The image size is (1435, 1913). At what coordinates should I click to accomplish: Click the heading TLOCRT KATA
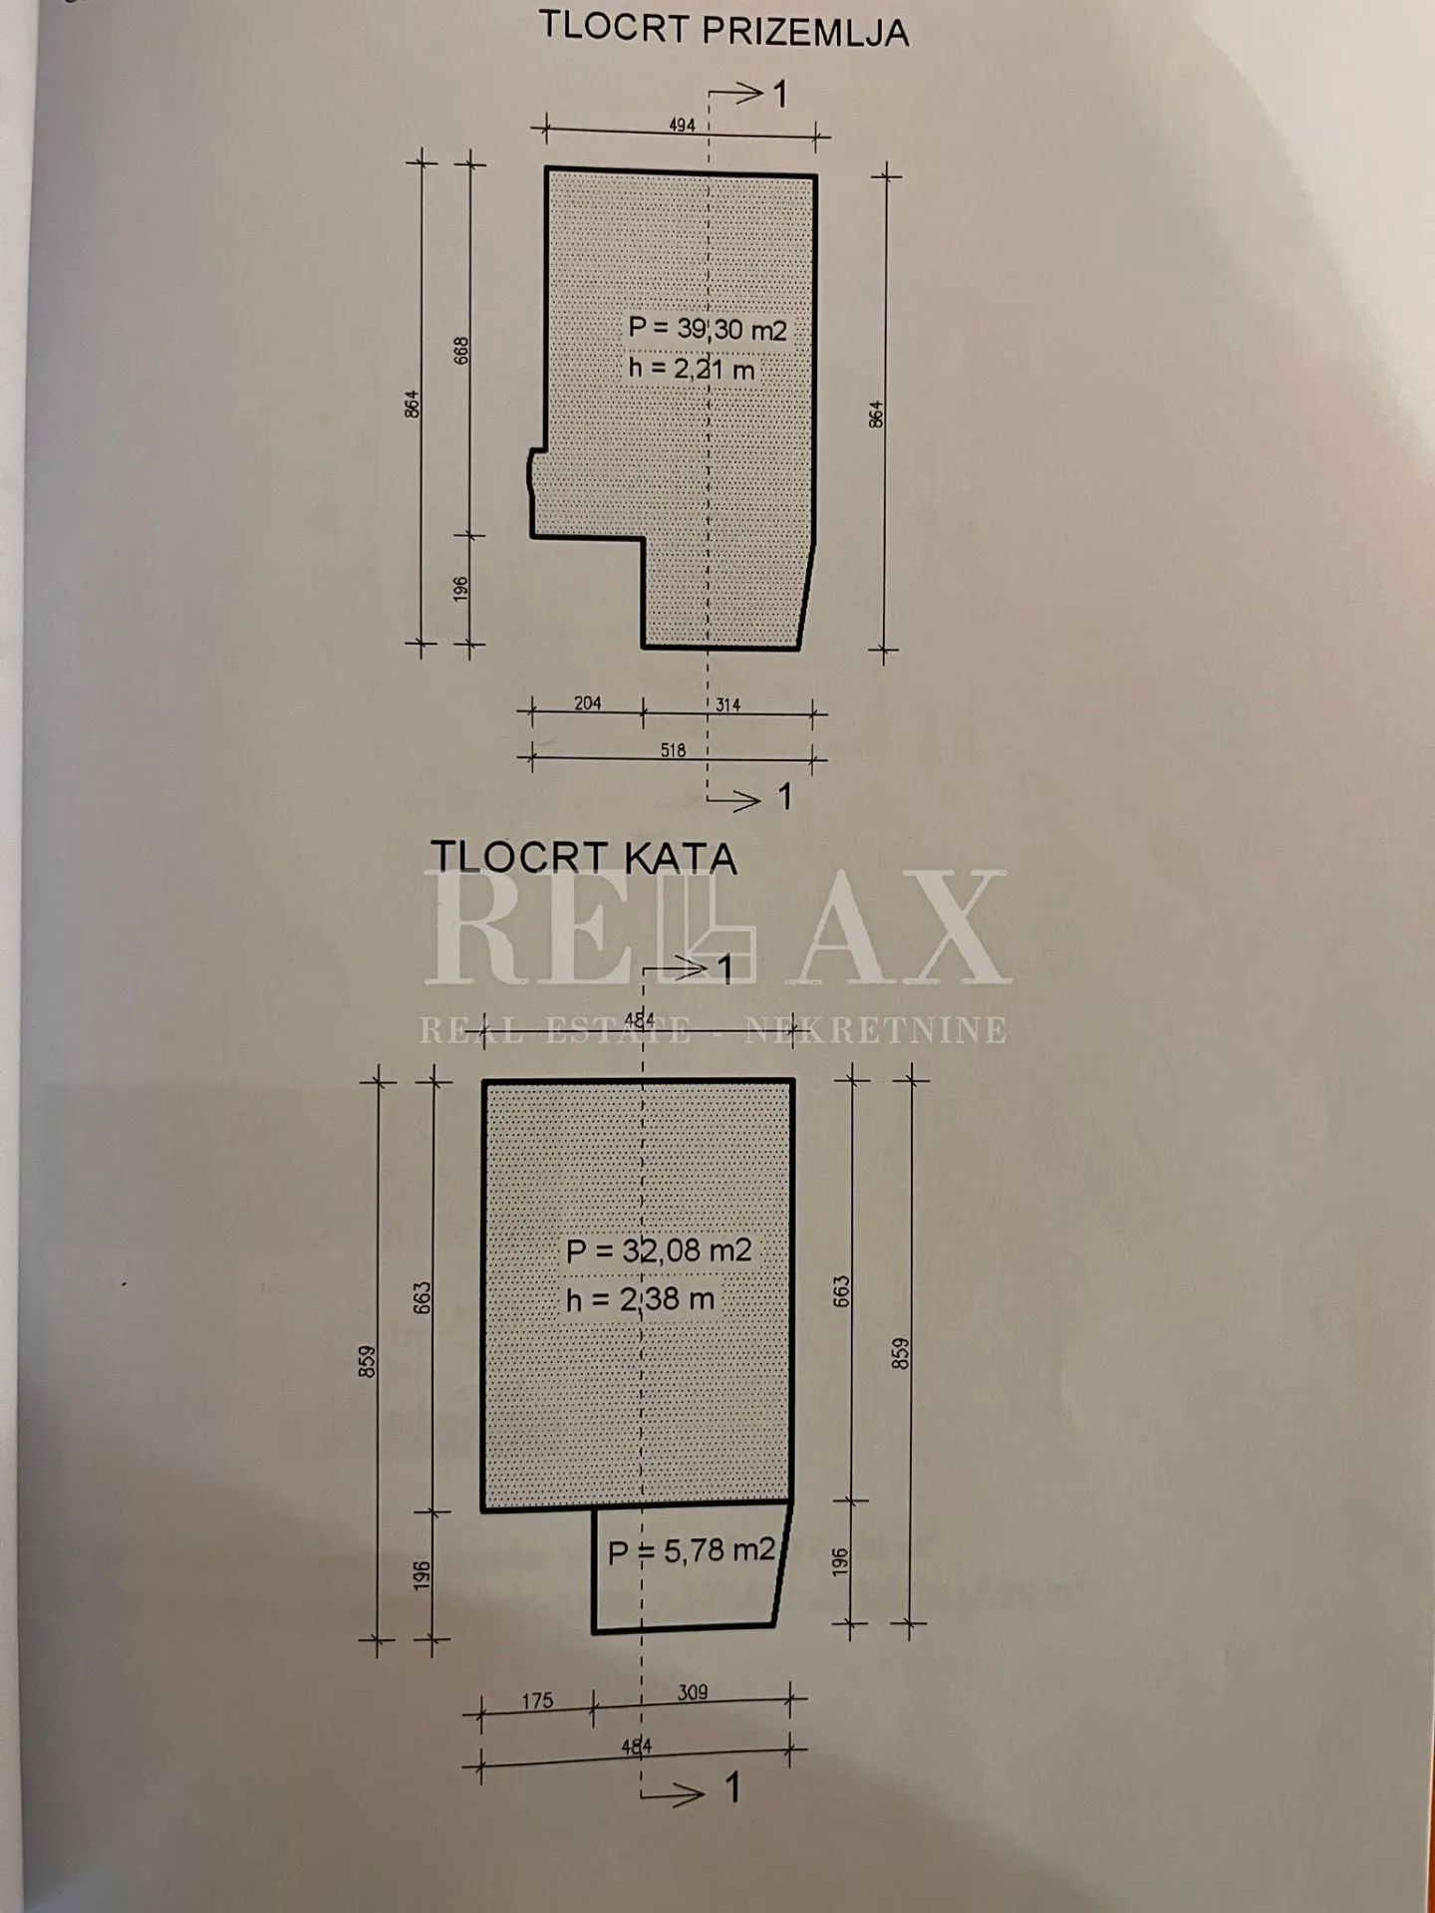(584, 858)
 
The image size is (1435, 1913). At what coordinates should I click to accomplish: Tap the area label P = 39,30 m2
(708, 329)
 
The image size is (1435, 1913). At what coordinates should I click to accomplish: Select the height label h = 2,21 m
(692, 369)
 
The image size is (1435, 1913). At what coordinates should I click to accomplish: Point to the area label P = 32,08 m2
(659, 1250)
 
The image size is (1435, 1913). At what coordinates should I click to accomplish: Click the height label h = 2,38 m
(640, 1299)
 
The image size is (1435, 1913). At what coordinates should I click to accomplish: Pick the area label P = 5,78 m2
(691, 1550)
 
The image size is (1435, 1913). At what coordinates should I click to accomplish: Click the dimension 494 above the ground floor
(682, 126)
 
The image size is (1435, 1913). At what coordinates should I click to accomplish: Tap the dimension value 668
(461, 351)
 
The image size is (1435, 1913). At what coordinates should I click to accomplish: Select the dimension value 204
(588, 703)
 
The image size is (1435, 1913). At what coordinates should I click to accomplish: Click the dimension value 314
(728, 704)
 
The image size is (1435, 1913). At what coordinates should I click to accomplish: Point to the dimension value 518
(674, 750)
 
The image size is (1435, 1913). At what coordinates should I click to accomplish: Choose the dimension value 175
(537, 1701)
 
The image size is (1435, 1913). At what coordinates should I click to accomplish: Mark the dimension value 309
(692, 1692)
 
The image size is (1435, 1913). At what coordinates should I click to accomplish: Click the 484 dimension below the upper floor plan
(637, 1746)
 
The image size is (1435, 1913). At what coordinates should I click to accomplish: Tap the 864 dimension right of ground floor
(876, 414)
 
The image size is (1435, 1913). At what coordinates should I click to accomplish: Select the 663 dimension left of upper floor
(423, 1297)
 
